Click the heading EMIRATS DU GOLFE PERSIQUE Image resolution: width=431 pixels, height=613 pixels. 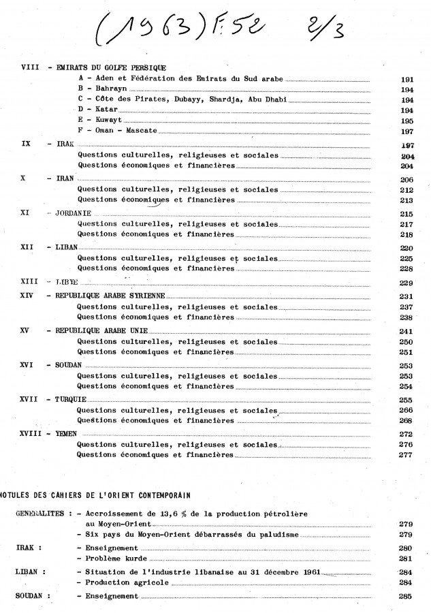point(112,68)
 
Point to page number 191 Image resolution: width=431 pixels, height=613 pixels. point(409,80)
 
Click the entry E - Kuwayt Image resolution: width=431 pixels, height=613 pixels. point(98,119)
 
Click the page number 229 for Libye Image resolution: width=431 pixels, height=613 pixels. point(408,283)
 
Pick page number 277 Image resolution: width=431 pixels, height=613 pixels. point(408,455)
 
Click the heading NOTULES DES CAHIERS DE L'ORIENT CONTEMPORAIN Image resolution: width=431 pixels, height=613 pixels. point(95,493)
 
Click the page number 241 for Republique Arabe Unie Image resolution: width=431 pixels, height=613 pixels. point(408,332)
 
